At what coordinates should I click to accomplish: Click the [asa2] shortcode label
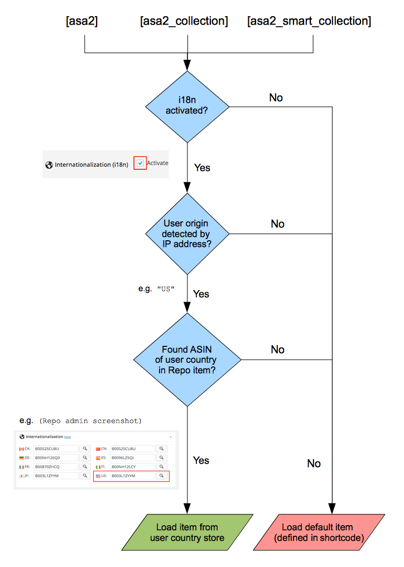[82, 22]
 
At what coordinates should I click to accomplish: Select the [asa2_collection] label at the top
[184, 22]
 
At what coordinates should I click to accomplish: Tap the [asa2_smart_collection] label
[309, 22]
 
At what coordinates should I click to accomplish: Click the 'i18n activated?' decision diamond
[187, 106]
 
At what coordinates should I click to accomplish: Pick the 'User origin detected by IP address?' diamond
[187, 234]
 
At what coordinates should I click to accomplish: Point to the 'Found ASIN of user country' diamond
[187, 359]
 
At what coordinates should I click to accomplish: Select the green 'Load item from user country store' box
[187, 532]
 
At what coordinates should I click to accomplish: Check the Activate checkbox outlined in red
[141, 163]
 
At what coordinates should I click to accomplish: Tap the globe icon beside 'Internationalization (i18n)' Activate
[49, 165]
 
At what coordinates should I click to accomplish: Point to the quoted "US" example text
[166, 289]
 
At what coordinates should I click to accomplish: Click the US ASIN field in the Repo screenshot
[132, 475]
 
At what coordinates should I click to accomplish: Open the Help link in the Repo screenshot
[68, 437]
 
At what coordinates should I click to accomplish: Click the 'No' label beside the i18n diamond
[276, 98]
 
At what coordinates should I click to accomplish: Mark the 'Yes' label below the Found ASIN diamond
[201, 460]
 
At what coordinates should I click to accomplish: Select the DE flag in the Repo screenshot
[21, 458]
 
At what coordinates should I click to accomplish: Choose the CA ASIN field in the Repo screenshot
[55, 448]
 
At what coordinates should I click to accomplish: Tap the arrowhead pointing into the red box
[333, 509]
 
